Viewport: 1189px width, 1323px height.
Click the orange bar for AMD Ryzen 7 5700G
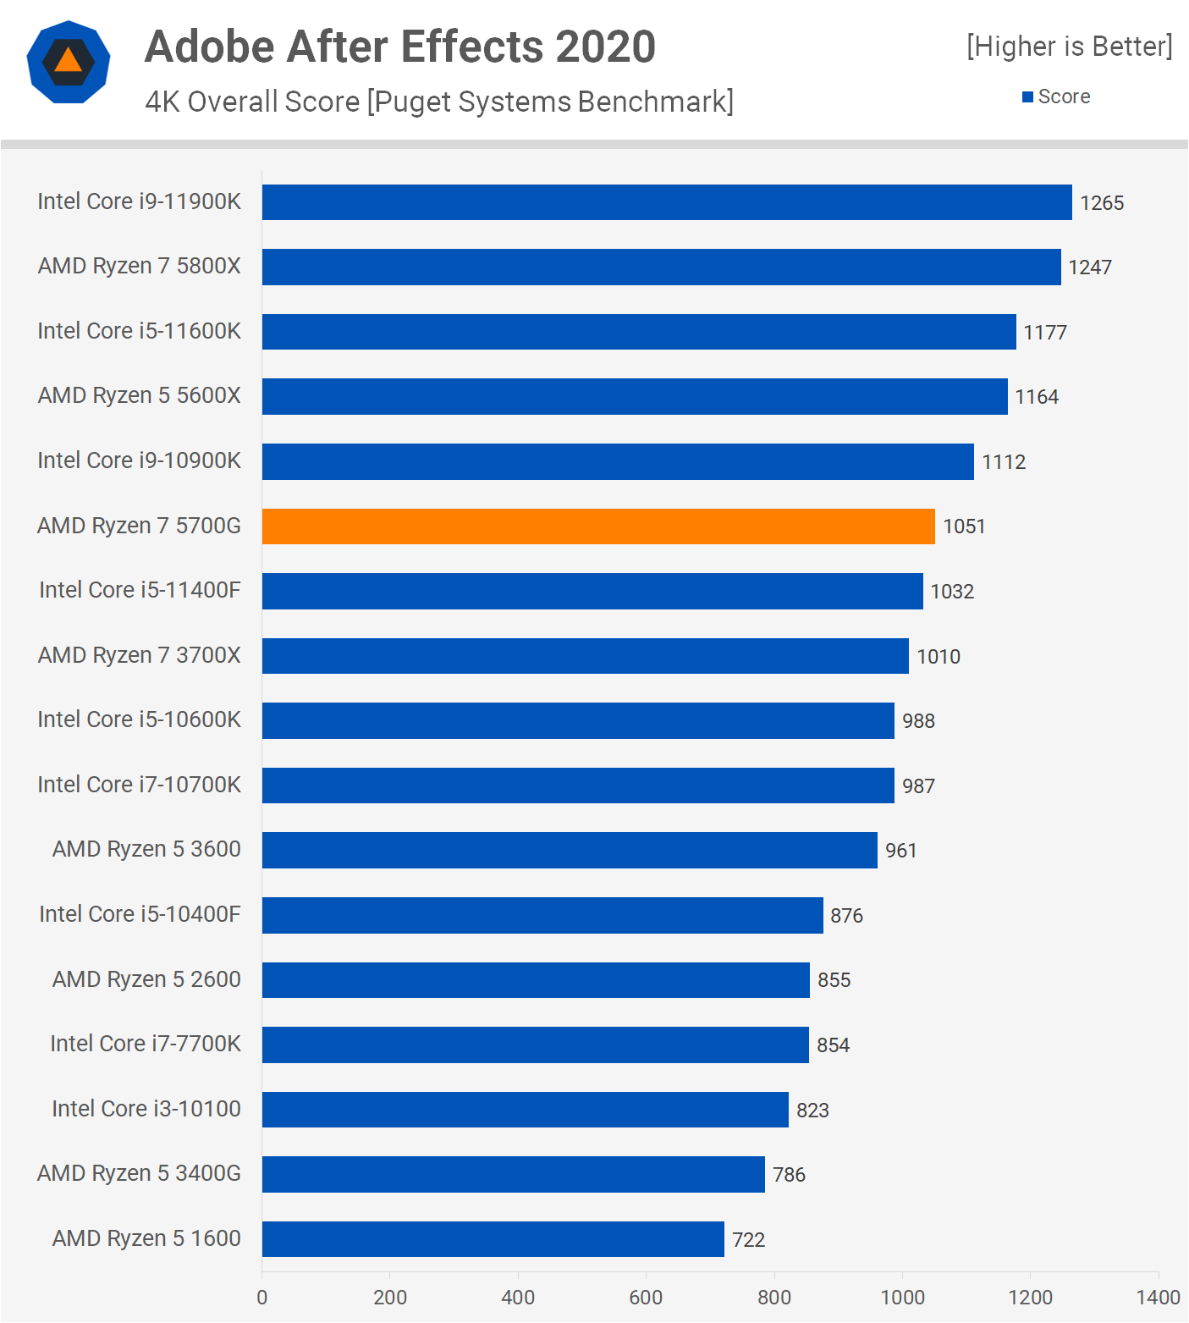(x=598, y=526)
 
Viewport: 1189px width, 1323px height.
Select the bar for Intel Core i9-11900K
(x=667, y=202)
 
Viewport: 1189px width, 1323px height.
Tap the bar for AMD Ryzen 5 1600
(x=493, y=1239)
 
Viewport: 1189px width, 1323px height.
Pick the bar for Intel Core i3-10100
(x=525, y=1110)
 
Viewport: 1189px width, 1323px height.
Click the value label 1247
(x=1090, y=267)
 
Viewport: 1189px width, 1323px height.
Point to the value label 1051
(x=964, y=526)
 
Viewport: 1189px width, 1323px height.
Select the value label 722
(x=748, y=1240)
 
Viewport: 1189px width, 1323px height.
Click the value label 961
(x=900, y=851)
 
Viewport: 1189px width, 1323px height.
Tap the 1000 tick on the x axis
(x=902, y=1298)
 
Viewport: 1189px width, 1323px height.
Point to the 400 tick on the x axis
(x=518, y=1298)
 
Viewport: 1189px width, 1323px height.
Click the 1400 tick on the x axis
(x=1158, y=1298)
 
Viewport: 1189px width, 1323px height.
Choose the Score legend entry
(x=1057, y=97)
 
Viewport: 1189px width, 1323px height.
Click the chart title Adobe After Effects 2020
(x=400, y=47)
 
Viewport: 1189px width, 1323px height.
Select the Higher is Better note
(x=1070, y=47)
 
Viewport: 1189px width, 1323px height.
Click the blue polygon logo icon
(x=69, y=62)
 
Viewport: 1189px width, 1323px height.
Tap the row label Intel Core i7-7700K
(x=146, y=1044)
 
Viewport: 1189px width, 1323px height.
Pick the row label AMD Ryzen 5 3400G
(x=140, y=1173)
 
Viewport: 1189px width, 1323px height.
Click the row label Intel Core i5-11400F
(x=140, y=590)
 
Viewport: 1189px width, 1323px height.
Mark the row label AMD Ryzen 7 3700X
(x=140, y=655)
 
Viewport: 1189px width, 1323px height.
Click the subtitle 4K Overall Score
(x=252, y=102)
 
